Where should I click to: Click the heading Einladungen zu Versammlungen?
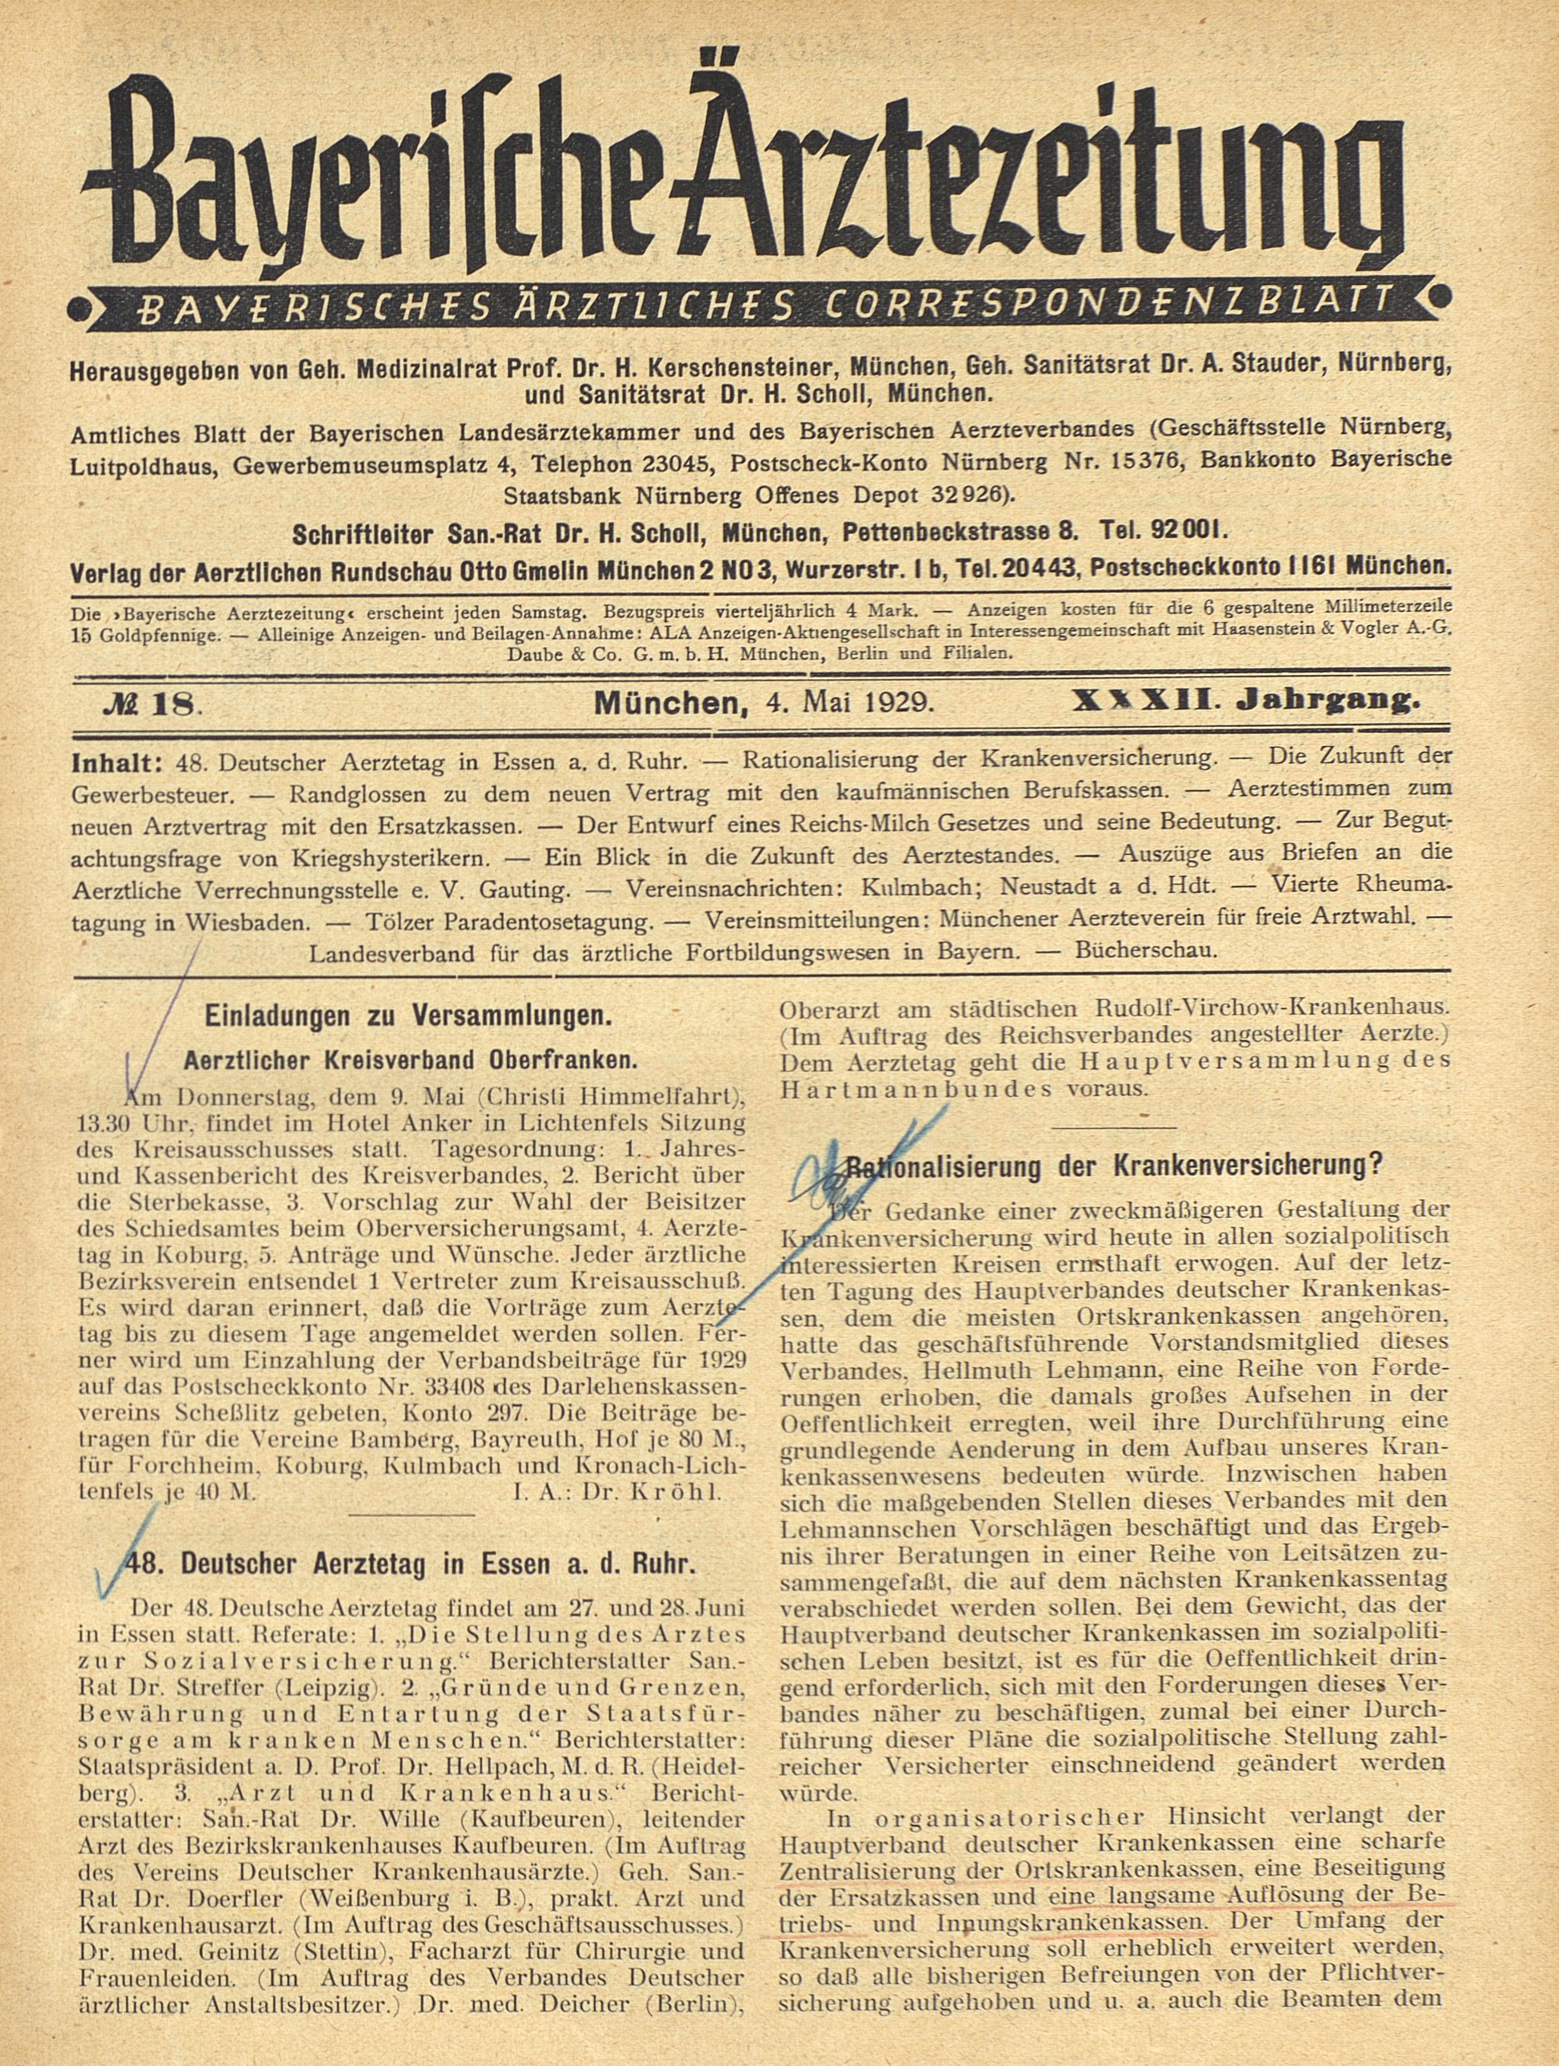(407, 1016)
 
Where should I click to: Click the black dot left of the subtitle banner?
(82, 305)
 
